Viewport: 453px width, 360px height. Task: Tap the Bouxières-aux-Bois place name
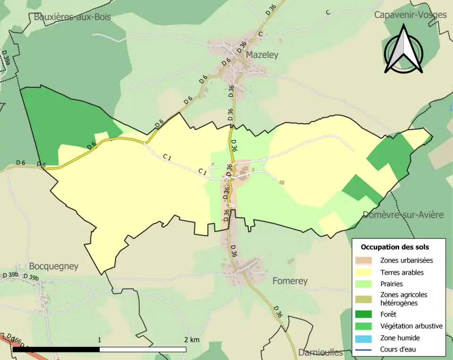click(x=72, y=17)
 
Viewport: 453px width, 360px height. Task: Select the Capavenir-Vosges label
click(x=410, y=15)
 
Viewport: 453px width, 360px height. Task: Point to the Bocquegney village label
click(x=53, y=266)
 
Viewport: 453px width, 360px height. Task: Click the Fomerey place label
click(x=290, y=281)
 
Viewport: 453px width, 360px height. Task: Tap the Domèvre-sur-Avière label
click(x=403, y=215)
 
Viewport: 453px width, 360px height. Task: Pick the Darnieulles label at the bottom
click(x=320, y=352)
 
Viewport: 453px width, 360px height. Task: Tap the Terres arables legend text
click(x=402, y=272)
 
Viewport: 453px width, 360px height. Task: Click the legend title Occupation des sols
click(x=394, y=247)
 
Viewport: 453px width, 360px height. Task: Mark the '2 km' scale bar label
click(x=192, y=340)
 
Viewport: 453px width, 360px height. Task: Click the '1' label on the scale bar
click(x=100, y=340)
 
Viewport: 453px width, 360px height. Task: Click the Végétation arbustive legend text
click(x=411, y=326)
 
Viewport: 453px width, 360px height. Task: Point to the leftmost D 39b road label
click(x=10, y=275)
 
